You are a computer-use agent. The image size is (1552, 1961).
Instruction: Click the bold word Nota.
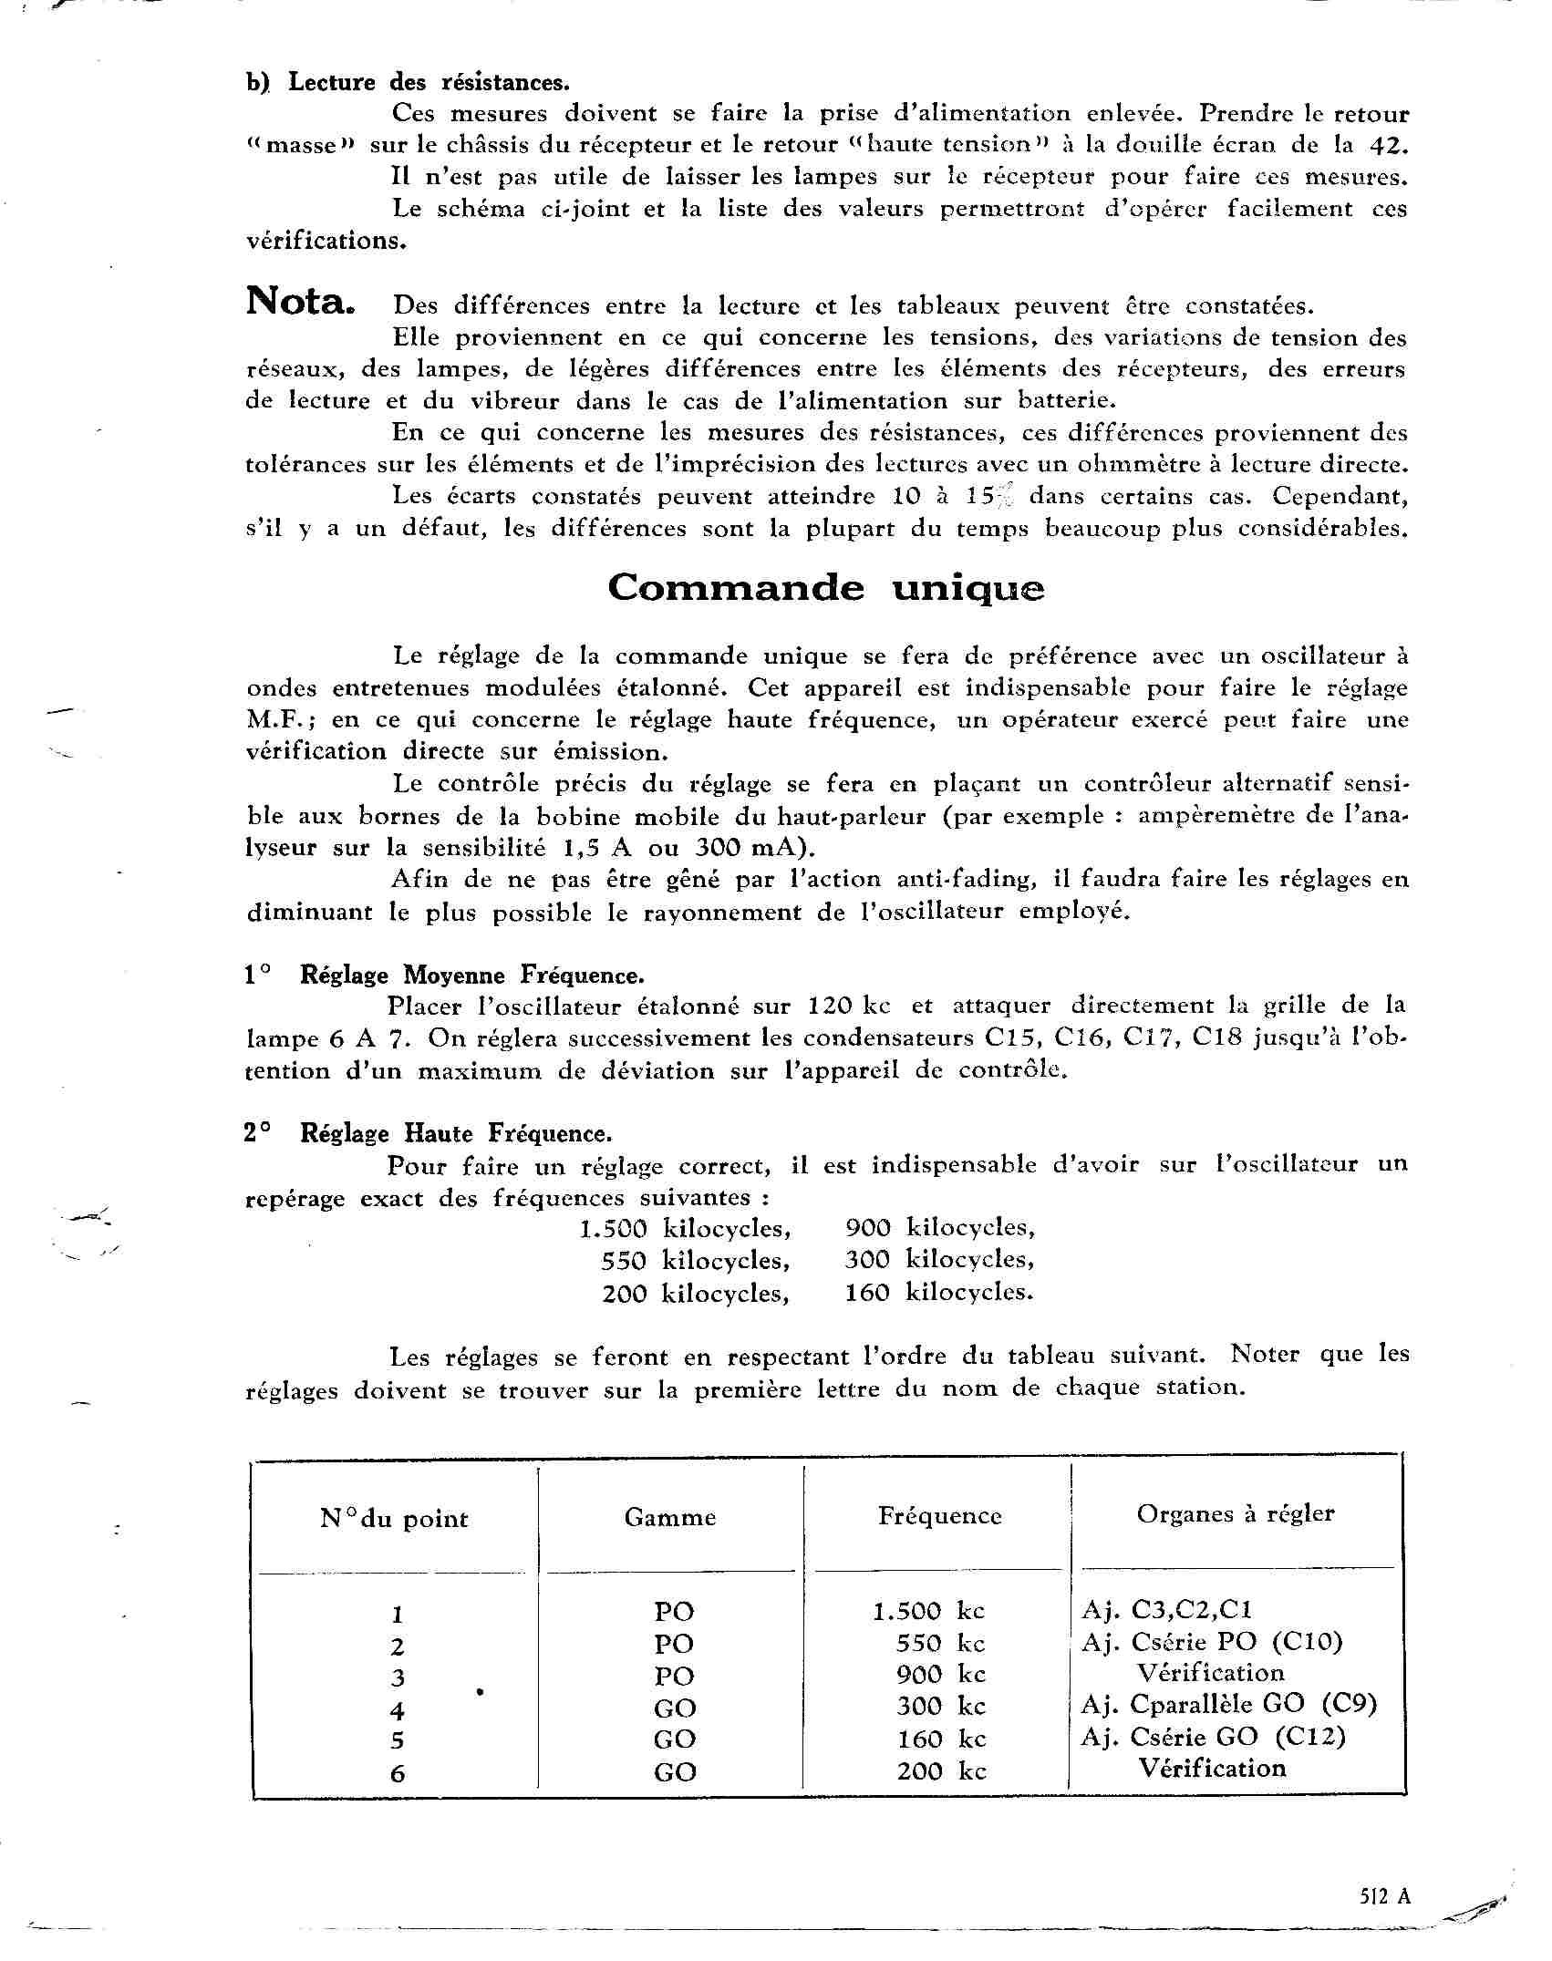299,301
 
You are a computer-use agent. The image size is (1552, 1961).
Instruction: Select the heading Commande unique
825,588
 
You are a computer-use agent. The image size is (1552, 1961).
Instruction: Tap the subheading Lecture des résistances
428,82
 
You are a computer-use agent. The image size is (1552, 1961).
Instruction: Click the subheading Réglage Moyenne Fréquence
471,975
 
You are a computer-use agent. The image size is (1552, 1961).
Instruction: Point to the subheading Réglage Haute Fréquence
455,1133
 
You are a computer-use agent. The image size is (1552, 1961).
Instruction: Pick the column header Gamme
670,1517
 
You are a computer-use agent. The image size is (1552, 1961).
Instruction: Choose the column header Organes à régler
1235,1513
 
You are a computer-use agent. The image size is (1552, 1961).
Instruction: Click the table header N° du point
394,1519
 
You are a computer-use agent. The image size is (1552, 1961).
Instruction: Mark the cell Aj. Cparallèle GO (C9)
1228,1704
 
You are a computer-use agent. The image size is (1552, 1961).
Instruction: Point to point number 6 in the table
398,1773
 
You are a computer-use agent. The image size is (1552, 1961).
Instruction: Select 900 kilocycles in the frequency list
939,1228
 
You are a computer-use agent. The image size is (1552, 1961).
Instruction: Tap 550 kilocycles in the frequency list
695,1261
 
